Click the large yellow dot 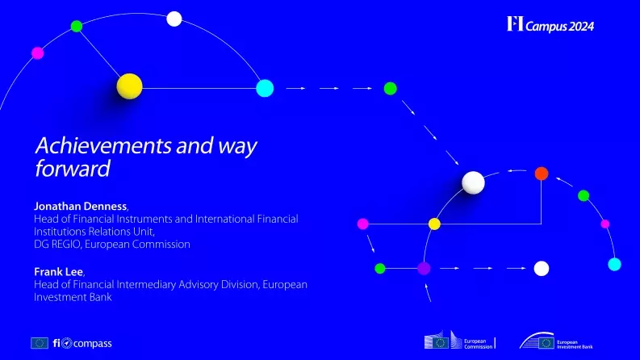click(129, 86)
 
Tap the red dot click(542, 173)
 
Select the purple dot click(424, 267)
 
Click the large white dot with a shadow click(473, 183)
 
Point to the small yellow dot click(434, 223)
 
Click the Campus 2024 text click(560, 26)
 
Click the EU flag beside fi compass click(40, 343)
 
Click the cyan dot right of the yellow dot click(265, 88)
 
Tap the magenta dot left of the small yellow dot click(362, 223)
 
